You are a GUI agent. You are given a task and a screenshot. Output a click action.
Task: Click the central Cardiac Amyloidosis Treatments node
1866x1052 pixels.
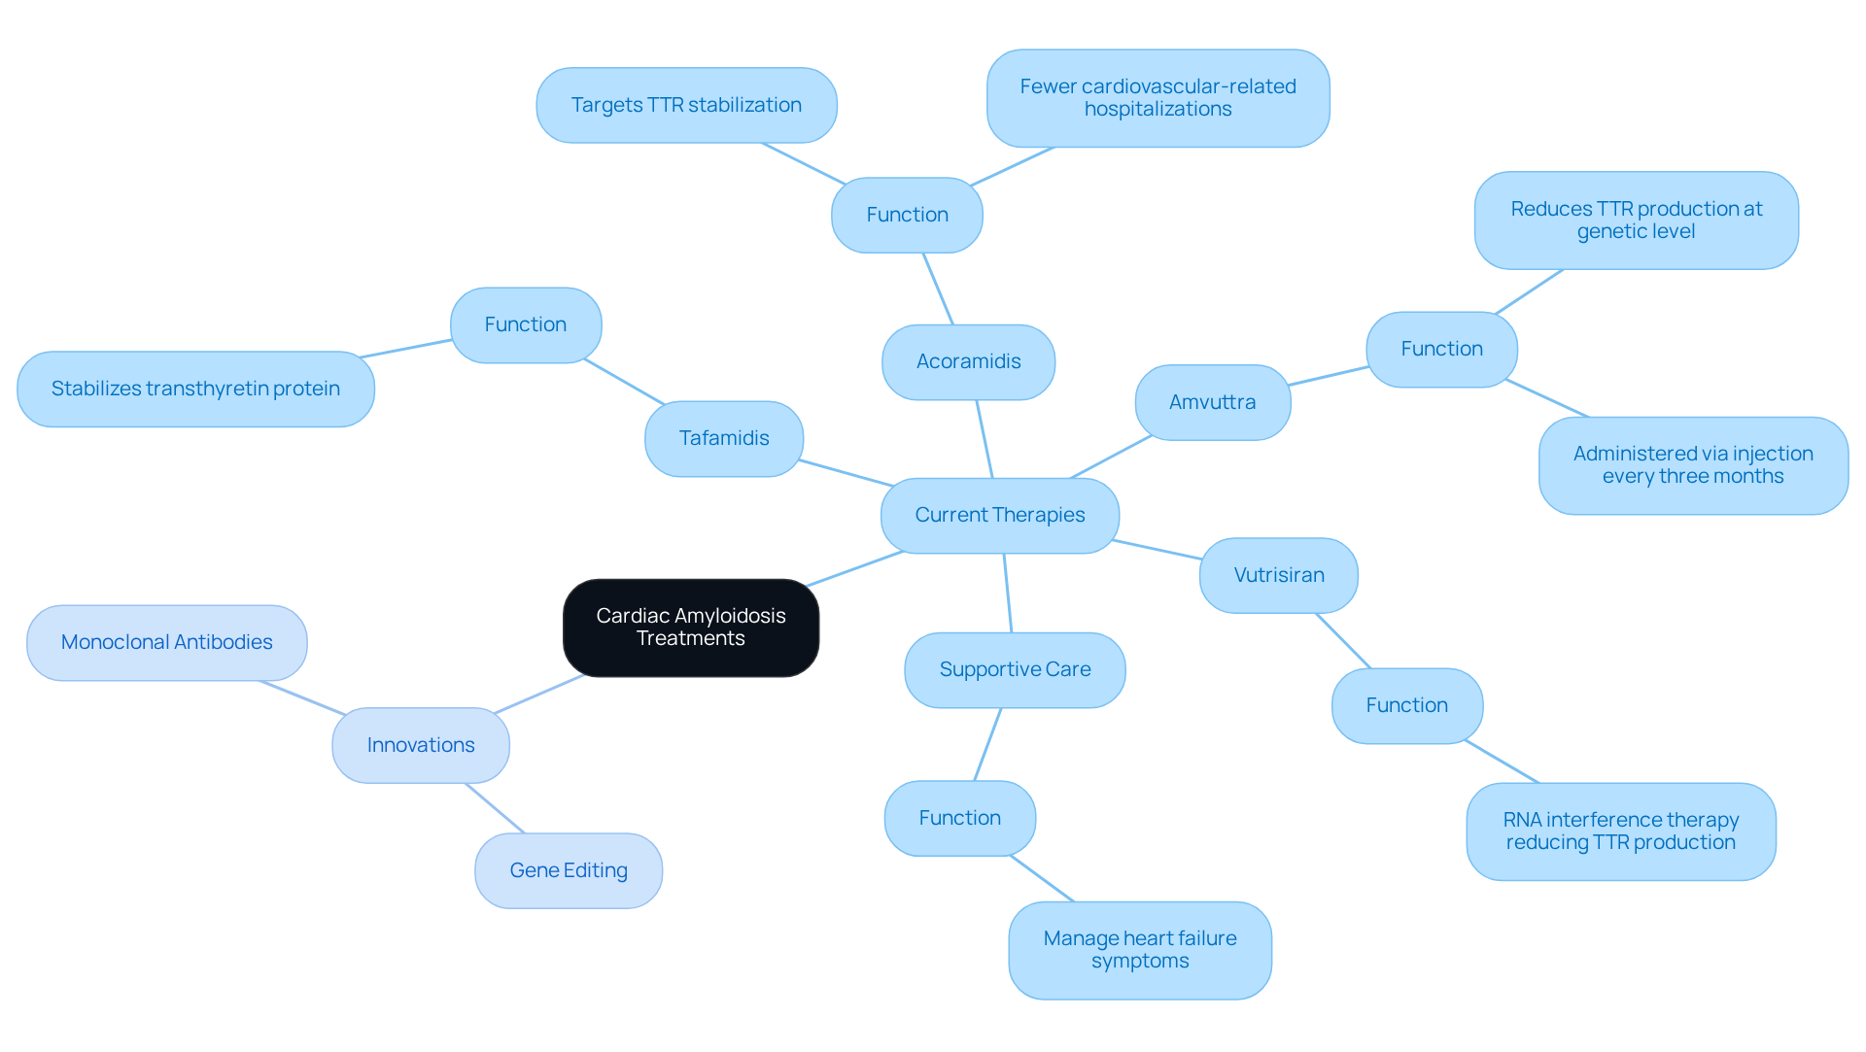(690, 628)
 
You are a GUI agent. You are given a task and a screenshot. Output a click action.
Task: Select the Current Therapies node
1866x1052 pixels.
(999, 515)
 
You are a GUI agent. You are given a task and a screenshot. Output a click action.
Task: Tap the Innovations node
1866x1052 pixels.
(420, 745)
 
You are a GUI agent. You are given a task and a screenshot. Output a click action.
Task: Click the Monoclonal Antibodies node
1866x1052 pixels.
(166, 642)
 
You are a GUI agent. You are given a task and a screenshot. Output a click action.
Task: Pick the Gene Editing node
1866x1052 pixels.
(569, 870)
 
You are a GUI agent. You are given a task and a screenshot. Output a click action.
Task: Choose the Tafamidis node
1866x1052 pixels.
(723, 438)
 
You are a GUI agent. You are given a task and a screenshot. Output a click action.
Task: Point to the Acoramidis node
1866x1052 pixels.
(968, 361)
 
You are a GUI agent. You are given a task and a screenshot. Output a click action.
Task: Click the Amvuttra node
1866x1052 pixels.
(1212, 402)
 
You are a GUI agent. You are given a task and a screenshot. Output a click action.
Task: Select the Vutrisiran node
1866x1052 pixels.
(1278, 575)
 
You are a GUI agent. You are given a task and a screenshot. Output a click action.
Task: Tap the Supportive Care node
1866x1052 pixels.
(1015, 669)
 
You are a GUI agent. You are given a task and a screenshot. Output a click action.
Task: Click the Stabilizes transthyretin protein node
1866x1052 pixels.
(195, 389)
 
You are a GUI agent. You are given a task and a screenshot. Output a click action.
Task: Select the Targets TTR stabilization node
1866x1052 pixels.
(686, 105)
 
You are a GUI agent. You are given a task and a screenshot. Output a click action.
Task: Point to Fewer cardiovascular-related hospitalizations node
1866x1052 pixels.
(1158, 98)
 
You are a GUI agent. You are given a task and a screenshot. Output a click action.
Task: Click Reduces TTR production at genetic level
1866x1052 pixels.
(1636, 221)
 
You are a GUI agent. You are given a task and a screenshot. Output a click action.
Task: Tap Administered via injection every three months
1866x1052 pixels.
(1692, 465)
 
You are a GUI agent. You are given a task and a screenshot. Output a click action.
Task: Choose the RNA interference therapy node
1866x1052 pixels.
(1620, 831)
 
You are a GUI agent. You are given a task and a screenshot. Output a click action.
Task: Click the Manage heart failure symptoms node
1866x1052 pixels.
(1139, 950)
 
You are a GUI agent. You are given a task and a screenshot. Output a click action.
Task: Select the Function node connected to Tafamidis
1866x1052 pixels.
(525, 324)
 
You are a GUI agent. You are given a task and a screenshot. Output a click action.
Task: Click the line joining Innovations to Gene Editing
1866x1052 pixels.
(495, 808)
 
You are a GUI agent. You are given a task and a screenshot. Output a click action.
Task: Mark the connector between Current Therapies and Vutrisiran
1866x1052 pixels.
(1158, 550)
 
